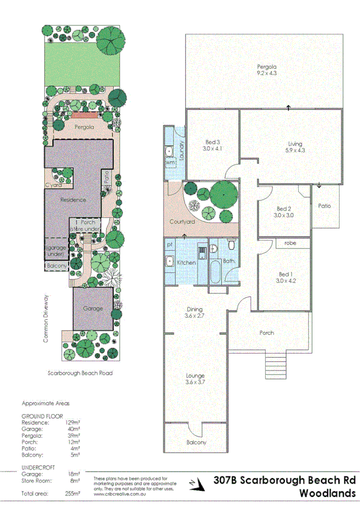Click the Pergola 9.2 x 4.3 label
(266, 69)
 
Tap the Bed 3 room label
(212, 145)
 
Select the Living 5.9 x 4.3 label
(294, 147)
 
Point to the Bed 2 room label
(283, 212)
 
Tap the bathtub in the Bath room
(215, 271)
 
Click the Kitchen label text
(188, 263)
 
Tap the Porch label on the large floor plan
(266, 333)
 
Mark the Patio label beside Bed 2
(325, 206)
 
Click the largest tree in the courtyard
(223, 193)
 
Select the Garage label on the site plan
(93, 309)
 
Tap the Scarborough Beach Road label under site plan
(80, 373)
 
